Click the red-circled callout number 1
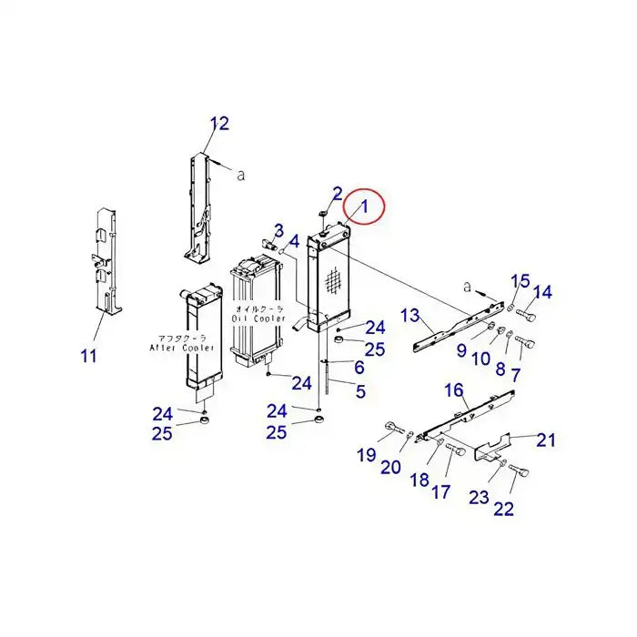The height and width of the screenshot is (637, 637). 364,207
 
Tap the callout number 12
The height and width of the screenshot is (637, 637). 219,124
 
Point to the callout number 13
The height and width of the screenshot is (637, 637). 409,316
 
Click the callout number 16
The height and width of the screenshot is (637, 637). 453,389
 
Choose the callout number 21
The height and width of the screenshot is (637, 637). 545,440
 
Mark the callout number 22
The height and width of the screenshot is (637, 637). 503,509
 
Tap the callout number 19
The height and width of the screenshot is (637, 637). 366,454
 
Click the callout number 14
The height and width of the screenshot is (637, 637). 542,292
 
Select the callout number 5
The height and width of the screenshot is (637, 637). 360,392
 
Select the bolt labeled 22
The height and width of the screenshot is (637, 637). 521,470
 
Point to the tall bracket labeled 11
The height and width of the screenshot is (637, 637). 108,264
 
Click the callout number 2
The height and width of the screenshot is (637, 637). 337,193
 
